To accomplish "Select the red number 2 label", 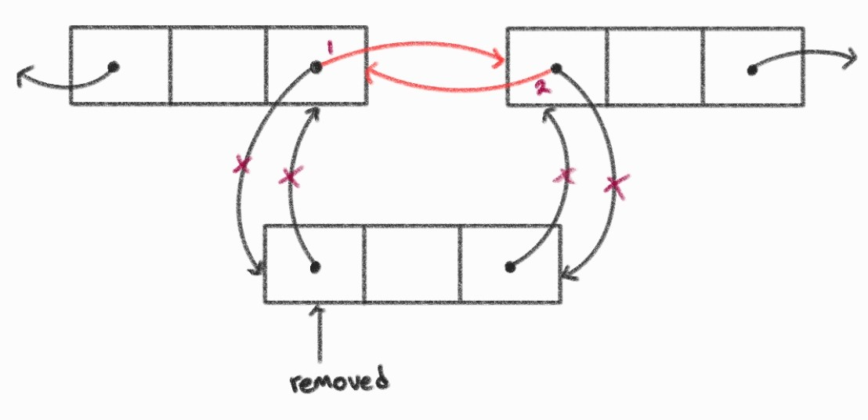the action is tap(541, 86).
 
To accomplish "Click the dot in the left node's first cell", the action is tap(114, 67).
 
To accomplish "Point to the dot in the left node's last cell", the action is tap(316, 68).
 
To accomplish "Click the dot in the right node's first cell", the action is tap(555, 68).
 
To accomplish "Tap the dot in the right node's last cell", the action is tap(752, 70).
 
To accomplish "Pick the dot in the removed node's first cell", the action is tap(315, 267).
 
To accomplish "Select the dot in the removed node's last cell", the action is tap(510, 267).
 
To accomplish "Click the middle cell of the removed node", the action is tap(412, 263).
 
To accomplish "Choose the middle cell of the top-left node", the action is tap(218, 66).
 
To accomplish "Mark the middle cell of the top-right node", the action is tap(654, 66).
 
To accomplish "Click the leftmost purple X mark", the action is tap(242, 165).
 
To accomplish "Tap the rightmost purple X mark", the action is tap(616, 186).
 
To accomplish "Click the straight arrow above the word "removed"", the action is tap(317, 333).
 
